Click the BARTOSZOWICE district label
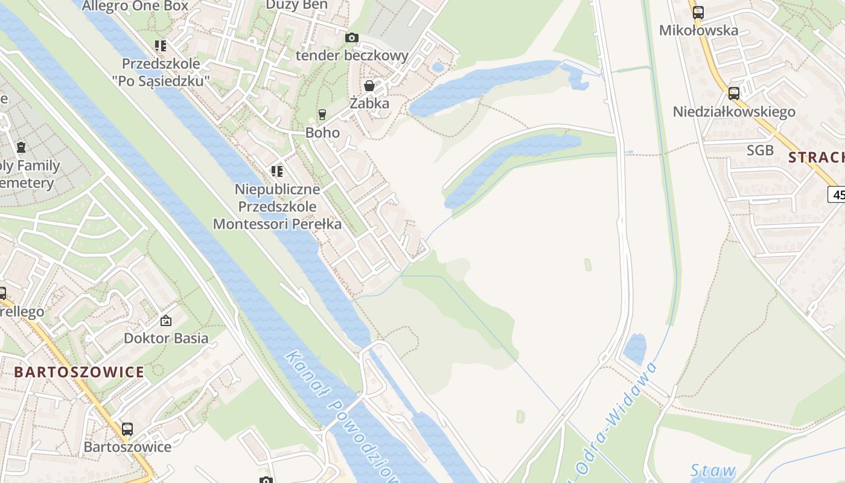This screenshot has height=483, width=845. pyautogui.click(x=79, y=372)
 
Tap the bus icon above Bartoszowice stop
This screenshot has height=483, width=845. pyautogui.click(x=127, y=429)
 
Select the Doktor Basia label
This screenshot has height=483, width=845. pyautogui.click(x=166, y=338)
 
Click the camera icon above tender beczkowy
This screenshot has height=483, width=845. pyautogui.click(x=352, y=37)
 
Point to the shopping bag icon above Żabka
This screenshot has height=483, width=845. pyautogui.click(x=369, y=86)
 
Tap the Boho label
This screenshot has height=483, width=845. pyautogui.click(x=323, y=132)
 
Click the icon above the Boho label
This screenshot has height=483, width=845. pyautogui.click(x=322, y=115)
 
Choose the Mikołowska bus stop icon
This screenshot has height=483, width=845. pyautogui.click(x=698, y=12)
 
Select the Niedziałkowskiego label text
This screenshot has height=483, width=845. pyautogui.click(x=734, y=112)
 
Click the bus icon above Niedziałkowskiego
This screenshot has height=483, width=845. pyautogui.click(x=734, y=94)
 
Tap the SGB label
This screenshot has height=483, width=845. pyautogui.click(x=760, y=150)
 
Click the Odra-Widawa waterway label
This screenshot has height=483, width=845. pyautogui.click(x=616, y=417)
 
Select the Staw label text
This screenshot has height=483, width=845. pyautogui.click(x=713, y=470)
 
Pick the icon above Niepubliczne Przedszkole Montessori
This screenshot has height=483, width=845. pyautogui.click(x=277, y=171)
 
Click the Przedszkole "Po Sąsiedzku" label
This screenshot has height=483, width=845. pyautogui.click(x=165, y=72)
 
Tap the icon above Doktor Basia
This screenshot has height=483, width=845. pyautogui.click(x=166, y=321)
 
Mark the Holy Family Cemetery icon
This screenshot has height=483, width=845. pyautogui.click(x=21, y=147)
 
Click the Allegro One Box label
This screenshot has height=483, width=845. pyautogui.click(x=135, y=6)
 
